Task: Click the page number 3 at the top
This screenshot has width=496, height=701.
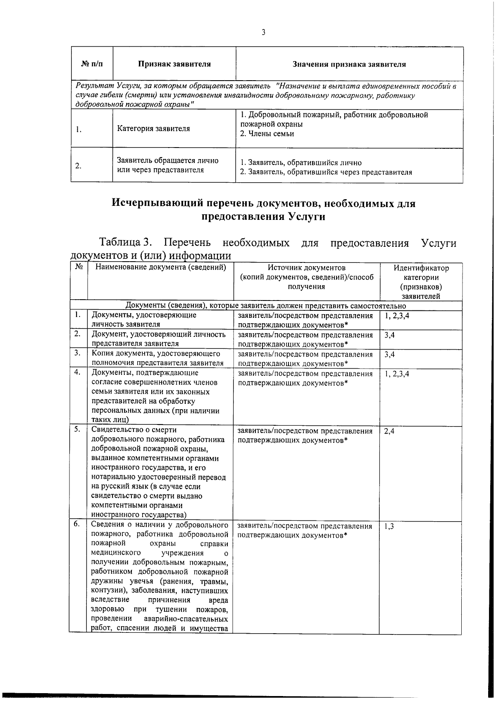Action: [263, 32]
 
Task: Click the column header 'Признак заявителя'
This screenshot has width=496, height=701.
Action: [174, 64]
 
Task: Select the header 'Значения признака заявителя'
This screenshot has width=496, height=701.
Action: [349, 64]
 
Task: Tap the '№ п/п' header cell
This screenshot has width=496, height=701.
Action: [92, 64]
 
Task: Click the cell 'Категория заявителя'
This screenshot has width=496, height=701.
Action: [153, 129]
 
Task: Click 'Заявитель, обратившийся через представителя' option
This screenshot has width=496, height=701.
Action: [326, 172]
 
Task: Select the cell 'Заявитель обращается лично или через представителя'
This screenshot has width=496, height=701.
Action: [167, 165]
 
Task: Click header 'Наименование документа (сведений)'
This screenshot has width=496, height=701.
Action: [161, 267]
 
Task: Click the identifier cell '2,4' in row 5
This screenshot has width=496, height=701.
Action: [389, 431]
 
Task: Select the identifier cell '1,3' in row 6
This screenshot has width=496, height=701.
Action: [389, 527]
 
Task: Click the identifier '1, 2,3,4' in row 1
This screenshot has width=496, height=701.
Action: [396, 316]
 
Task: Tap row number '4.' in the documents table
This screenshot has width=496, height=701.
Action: [77, 372]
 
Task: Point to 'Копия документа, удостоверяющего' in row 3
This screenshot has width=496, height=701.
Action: [155, 354]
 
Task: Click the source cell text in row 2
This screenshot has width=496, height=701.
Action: [305, 339]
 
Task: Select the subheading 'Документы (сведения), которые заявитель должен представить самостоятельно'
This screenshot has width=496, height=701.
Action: [265, 306]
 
